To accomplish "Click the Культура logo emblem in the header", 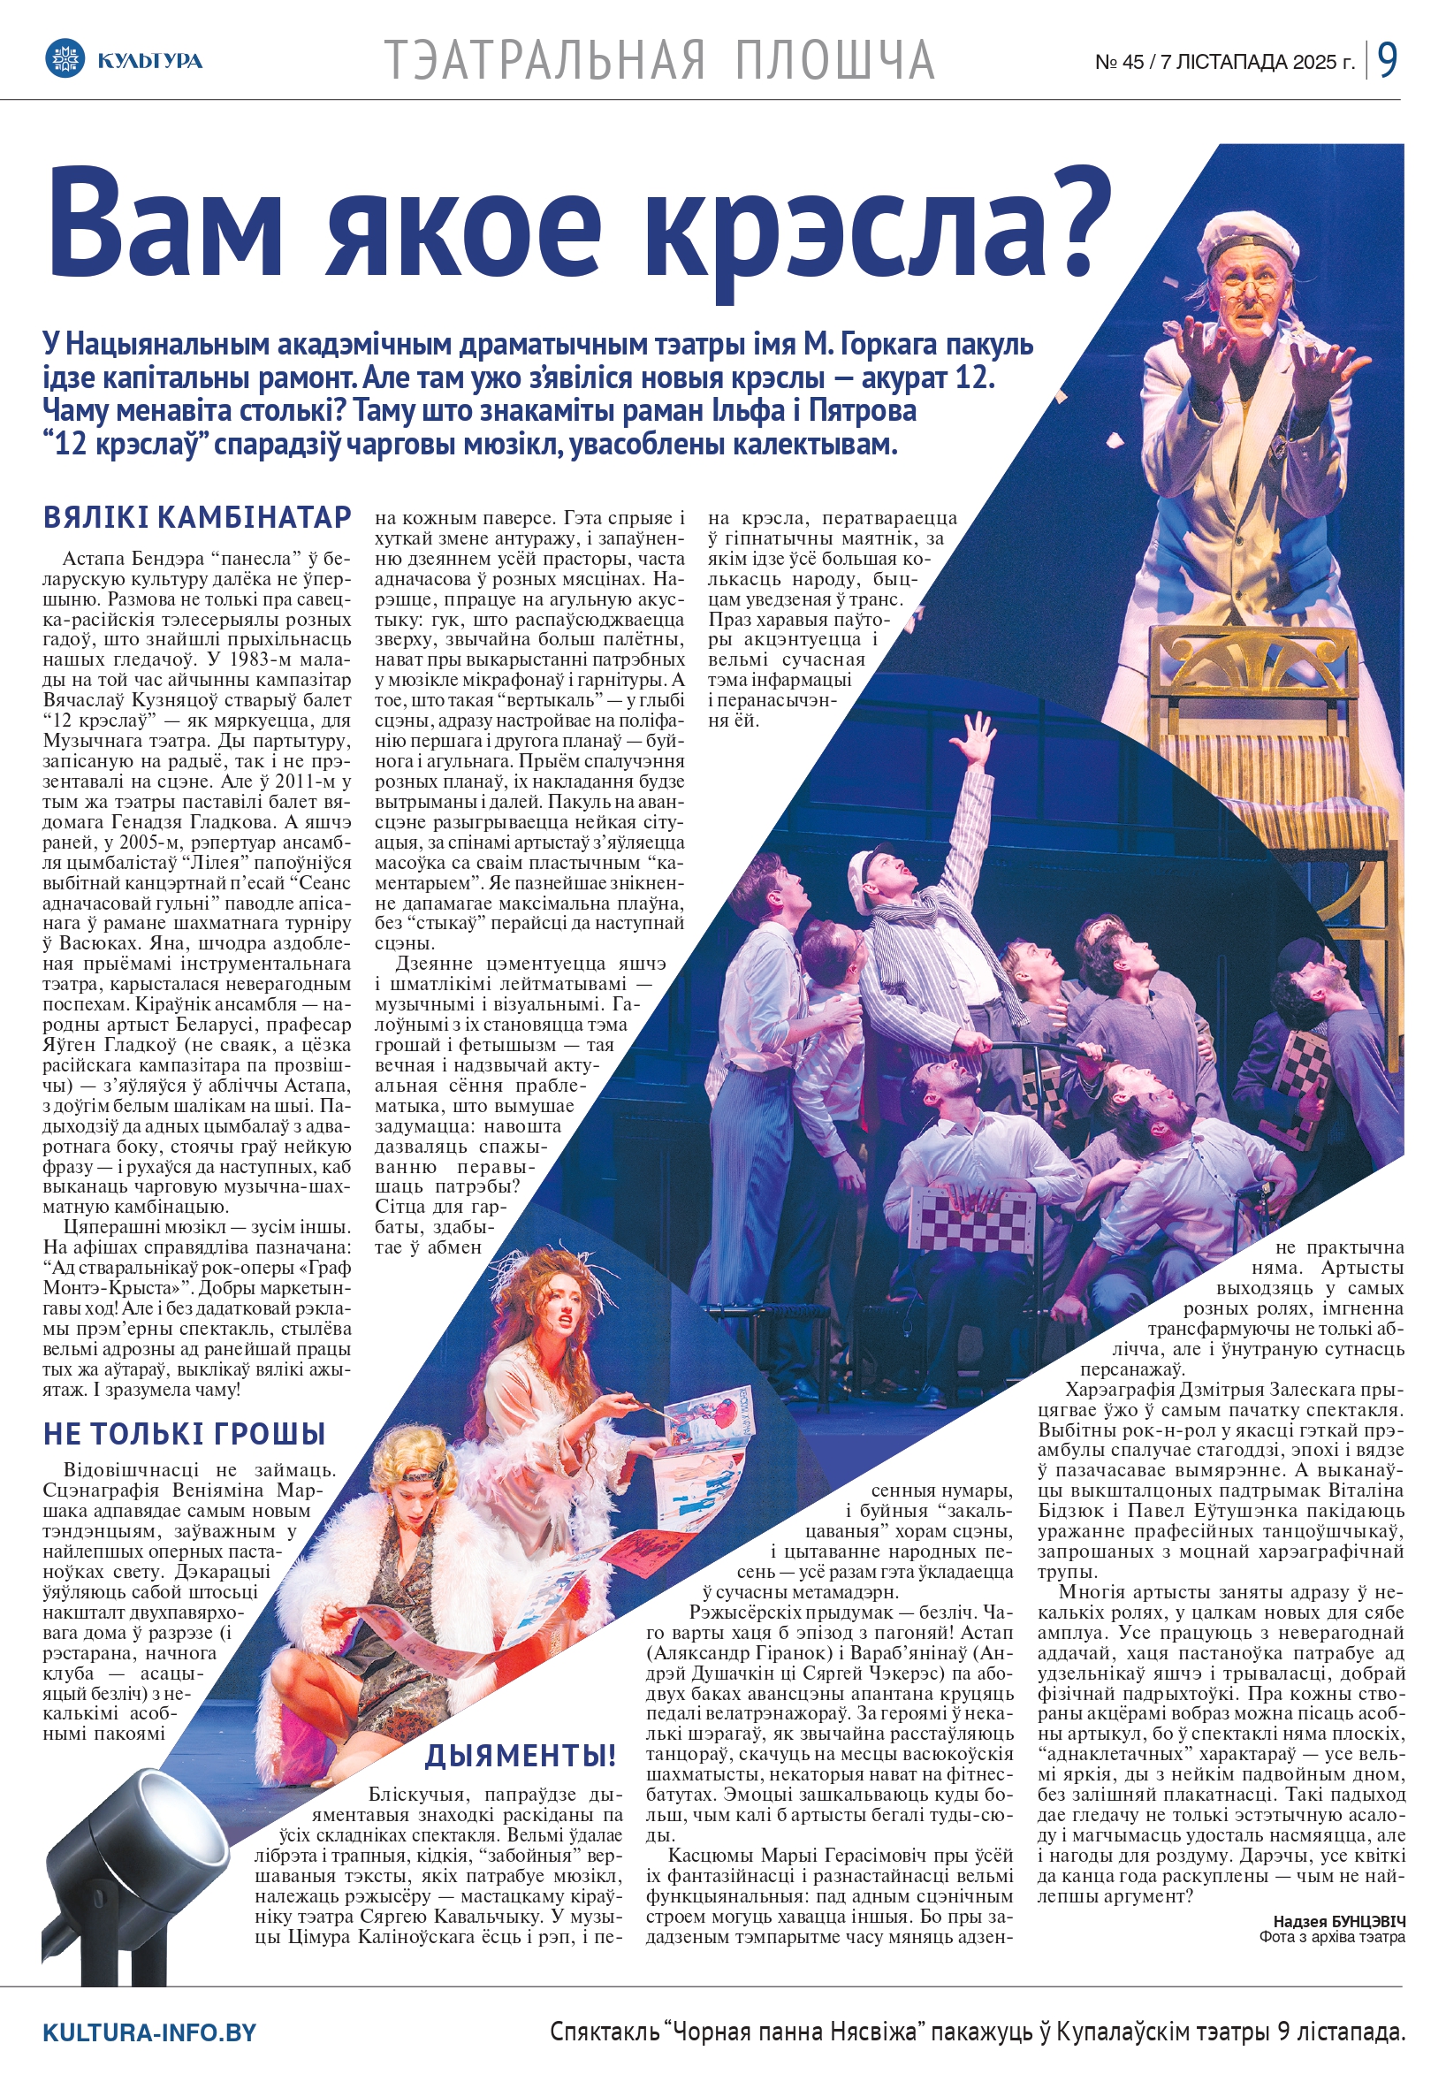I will [x=64, y=60].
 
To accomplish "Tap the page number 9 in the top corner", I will [x=1387, y=60].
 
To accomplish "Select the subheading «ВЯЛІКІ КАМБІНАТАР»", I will [x=197, y=517].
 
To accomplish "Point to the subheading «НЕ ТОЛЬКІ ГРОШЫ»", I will [x=185, y=1433].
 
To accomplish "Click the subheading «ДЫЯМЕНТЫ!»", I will [x=521, y=1756].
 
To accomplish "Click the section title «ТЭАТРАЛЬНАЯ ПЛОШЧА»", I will [x=659, y=60].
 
